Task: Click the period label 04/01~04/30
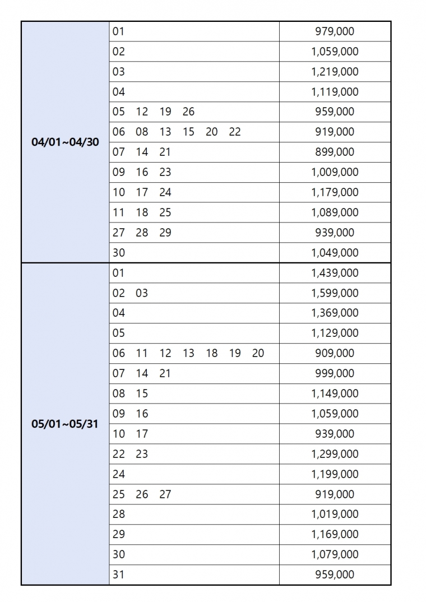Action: [65, 142]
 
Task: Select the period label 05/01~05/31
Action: [65, 424]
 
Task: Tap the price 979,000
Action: [335, 31]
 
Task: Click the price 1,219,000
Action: [335, 72]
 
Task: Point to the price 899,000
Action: [335, 152]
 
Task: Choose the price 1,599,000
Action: [335, 293]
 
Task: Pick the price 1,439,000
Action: [335, 273]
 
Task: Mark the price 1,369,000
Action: [335, 313]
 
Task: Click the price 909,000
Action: [335, 353]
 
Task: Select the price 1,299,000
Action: [335, 454]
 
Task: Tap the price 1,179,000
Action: [335, 192]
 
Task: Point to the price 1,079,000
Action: [335, 554]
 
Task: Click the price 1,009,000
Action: [335, 172]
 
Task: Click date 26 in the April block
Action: [188, 112]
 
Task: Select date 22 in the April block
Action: [235, 132]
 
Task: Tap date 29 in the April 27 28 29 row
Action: [165, 233]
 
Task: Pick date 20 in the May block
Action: [258, 353]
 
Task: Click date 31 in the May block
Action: [119, 575]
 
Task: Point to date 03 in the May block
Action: [142, 293]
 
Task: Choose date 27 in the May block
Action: [165, 494]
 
